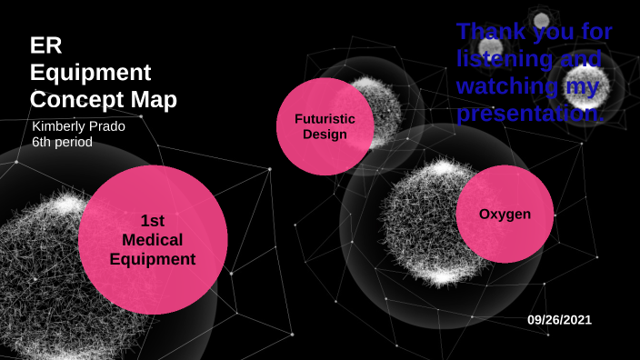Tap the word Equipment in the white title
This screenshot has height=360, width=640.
point(90,72)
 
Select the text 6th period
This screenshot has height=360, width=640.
point(62,143)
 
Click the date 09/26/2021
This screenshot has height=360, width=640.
point(559,320)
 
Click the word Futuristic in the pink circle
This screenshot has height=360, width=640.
point(325,119)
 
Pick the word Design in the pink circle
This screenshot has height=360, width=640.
point(325,135)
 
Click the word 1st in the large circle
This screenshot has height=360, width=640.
point(152,220)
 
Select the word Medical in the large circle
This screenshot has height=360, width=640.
point(152,240)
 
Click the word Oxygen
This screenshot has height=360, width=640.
point(505,214)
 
